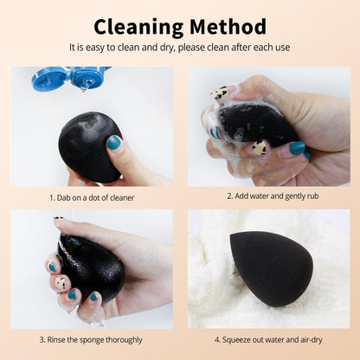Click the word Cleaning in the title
tap(138, 26)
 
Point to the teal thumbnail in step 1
tap(114, 142)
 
